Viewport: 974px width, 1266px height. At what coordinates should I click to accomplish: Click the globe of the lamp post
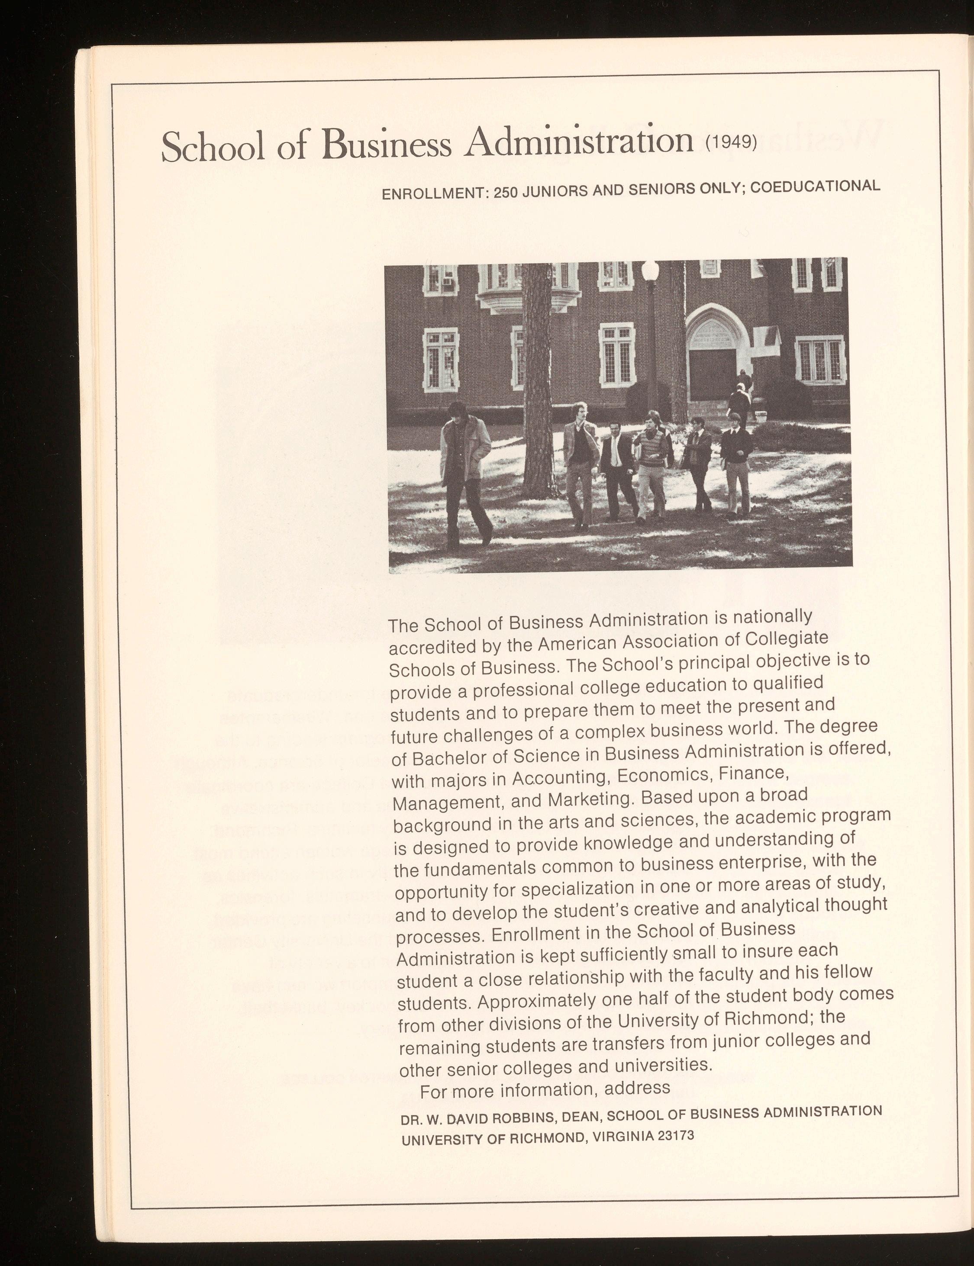coord(651,270)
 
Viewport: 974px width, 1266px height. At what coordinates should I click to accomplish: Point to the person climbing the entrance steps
coord(739,400)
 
